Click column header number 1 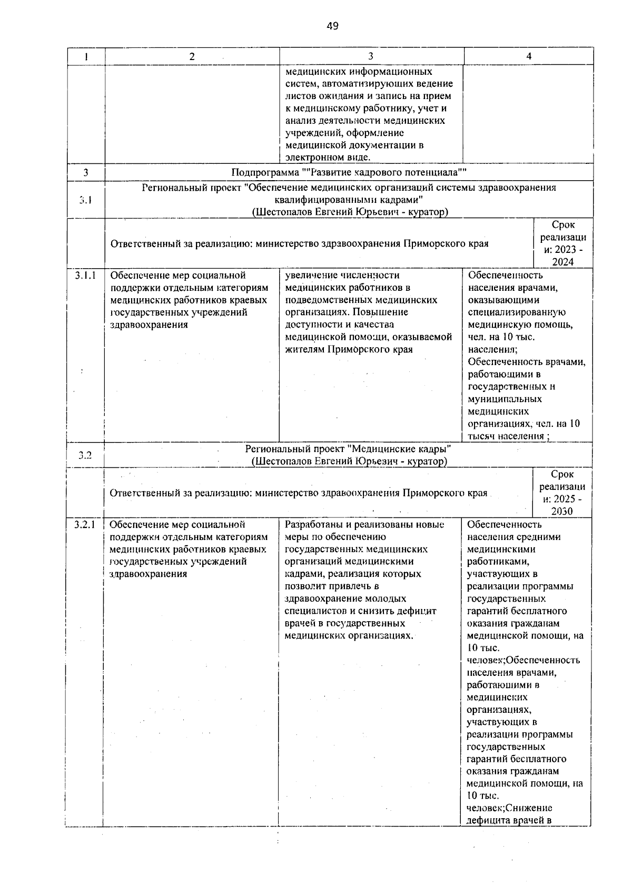pos(85,56)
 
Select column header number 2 pos(192,56)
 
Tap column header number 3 pos(371,56)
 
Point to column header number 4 pos(529,56)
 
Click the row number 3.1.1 pos(85,276)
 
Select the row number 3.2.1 pos(84,525)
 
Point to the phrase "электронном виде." pos(328,157)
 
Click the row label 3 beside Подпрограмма pos(85,173)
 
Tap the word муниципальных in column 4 pos(505,399)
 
